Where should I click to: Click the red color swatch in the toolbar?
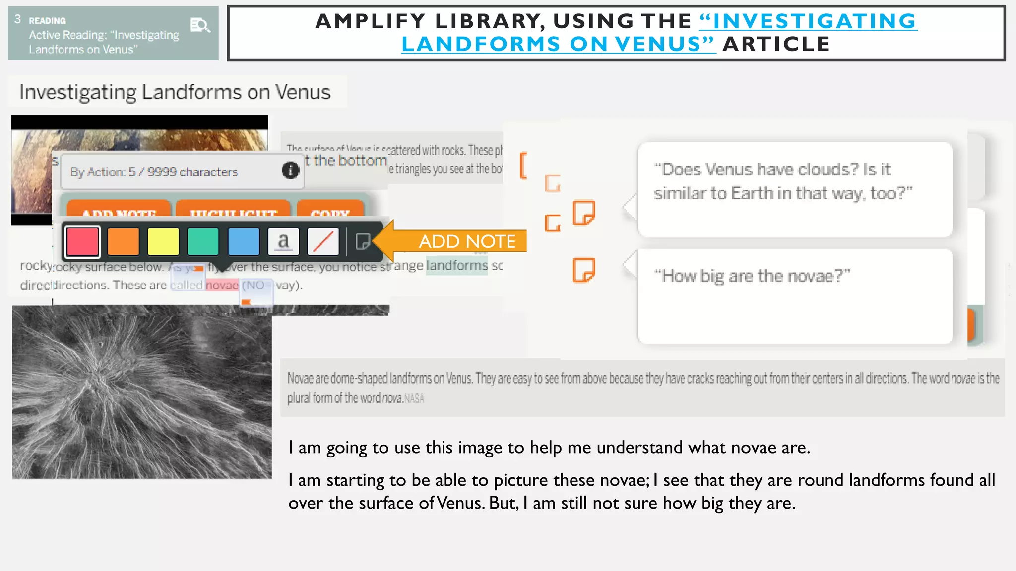tap(83, 242)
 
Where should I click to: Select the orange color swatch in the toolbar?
tap(123, 242)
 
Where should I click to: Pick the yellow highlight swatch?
tap(163, 242)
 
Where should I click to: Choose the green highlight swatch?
tap(203, 242)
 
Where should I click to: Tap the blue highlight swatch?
tap(243, 242)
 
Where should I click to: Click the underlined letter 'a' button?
tap(283, 242)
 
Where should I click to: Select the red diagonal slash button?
tap(323, 242)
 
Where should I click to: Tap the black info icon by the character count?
tap(291, 171)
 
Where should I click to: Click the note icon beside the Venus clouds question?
tap(584, 213)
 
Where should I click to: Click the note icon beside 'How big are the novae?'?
tap(584, 270)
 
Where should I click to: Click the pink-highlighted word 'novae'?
tap(222, 285)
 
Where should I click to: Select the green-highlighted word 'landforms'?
tap(457, 266)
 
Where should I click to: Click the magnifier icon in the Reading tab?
tap(200, 25)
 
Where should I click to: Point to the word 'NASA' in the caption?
tap(414, 399)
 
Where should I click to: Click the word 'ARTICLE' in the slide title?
tap(776, 44)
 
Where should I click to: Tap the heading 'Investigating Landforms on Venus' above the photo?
tap(175, 92)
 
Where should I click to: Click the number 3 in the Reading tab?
tap(18, 19)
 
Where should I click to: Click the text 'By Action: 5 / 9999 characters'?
tap(154, 172)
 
